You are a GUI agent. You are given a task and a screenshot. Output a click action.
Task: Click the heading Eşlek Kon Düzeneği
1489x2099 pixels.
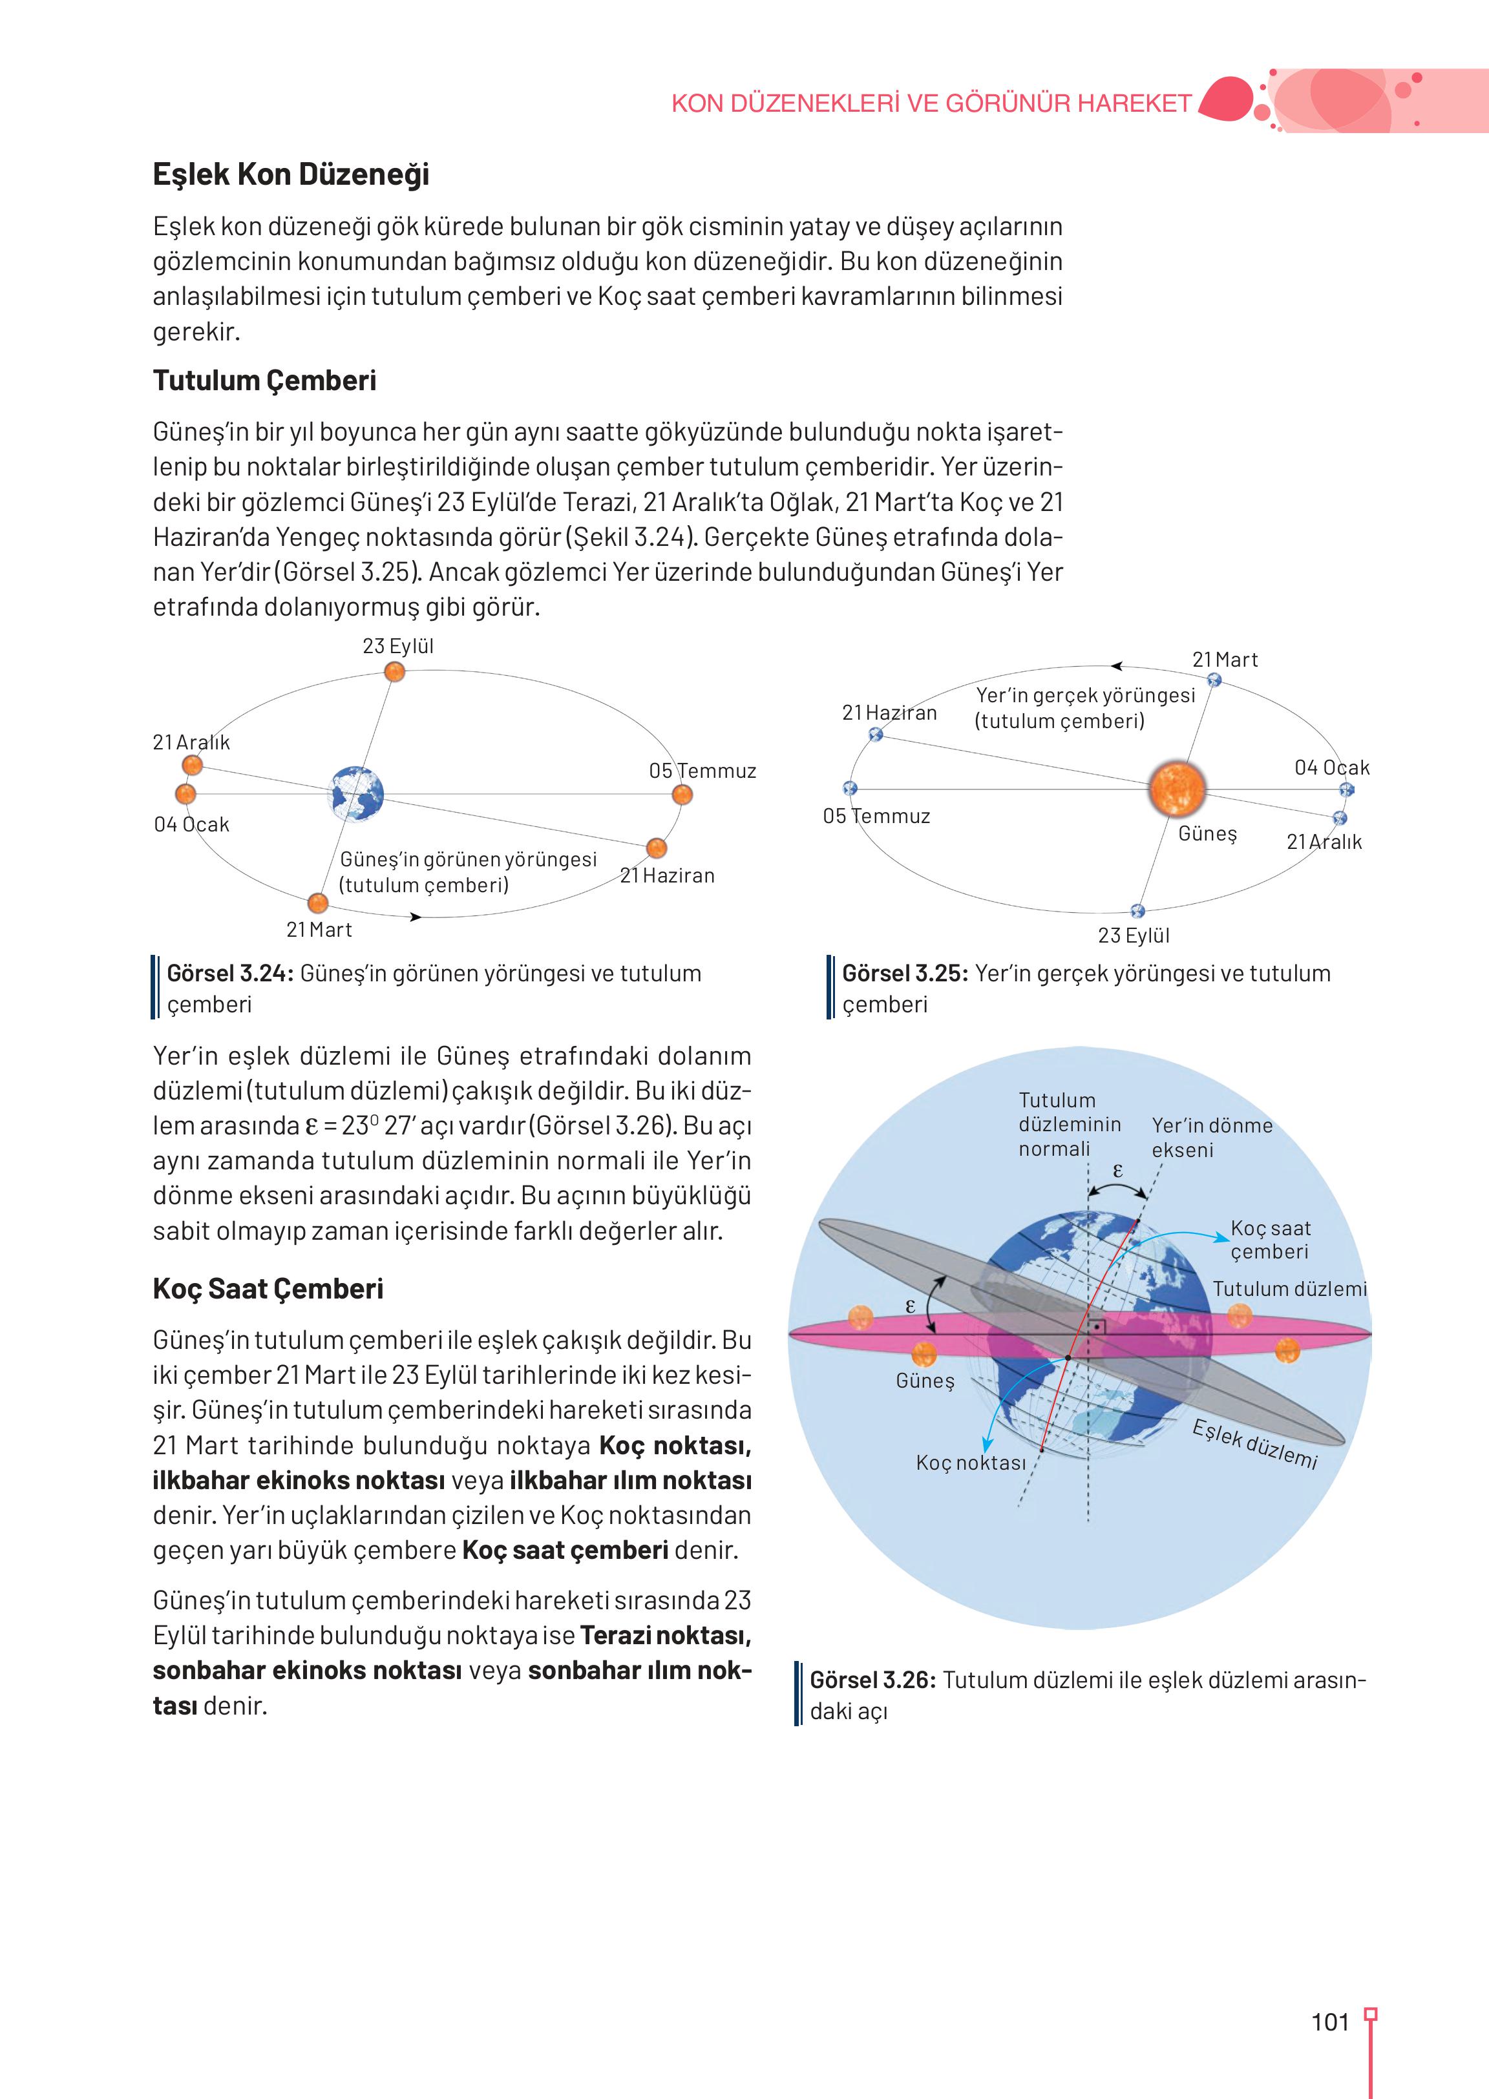pos(291,174)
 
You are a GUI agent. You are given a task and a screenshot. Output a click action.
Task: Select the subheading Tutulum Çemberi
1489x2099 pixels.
pos(264,381)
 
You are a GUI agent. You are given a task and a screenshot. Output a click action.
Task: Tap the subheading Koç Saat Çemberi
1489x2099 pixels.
pos(268,1289)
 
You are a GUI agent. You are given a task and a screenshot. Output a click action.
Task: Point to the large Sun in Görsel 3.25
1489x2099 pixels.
pos(1177,788)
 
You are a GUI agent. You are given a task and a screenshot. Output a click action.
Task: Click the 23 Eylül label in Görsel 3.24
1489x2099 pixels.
pos(398,646)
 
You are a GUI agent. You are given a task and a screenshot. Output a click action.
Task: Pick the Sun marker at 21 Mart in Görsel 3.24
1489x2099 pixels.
pos(318,903)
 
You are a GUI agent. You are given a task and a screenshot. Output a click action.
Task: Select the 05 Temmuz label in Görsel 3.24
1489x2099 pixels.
pos(702,771)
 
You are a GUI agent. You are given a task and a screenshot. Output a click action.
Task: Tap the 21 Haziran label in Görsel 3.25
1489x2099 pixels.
pos(889,713)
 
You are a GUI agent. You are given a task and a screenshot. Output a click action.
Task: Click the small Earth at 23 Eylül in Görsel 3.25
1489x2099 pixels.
pos(1138,911)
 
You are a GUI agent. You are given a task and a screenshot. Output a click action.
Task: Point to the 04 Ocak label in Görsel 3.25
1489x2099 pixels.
pos(1331,768)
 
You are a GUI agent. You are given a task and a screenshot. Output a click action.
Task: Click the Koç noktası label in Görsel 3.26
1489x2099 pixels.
pos(971,1463)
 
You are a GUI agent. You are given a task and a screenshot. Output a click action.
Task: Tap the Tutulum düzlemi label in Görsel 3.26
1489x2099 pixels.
pos(1289,1289)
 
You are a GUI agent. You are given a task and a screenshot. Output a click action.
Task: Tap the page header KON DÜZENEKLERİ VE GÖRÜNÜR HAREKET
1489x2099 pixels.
pos(931,103)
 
